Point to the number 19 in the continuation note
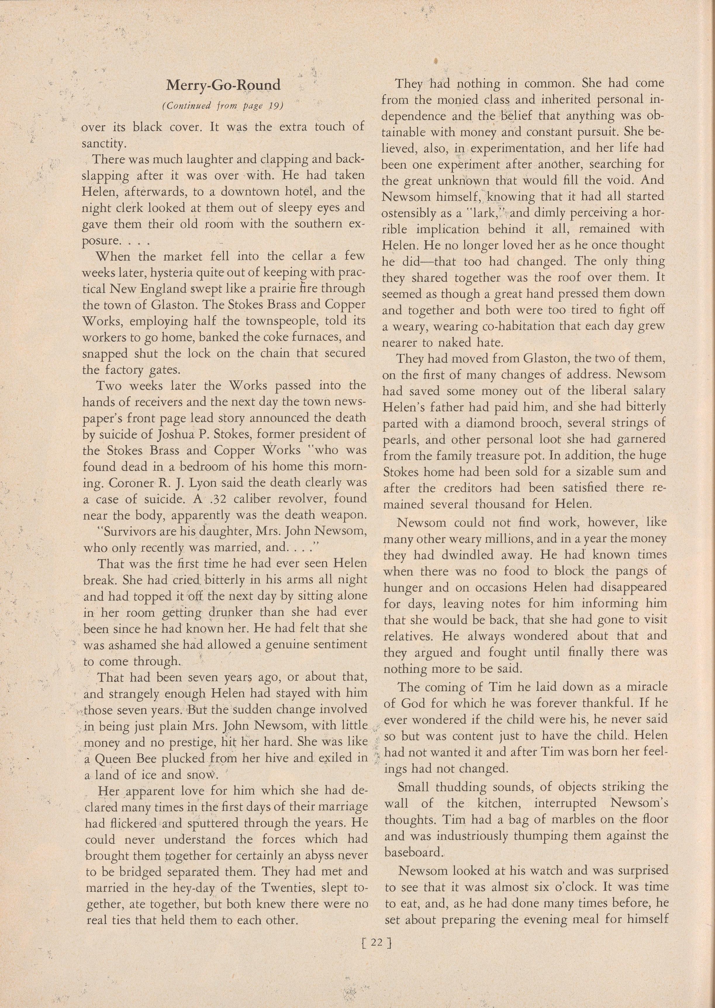coord(274,106)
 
